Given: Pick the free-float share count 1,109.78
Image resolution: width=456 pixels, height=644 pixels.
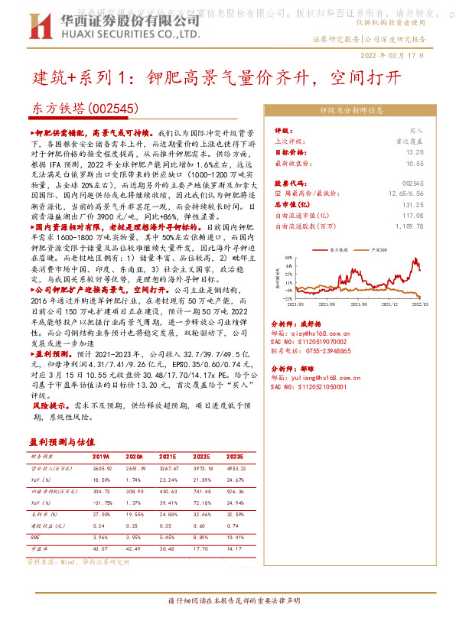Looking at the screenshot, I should coord(409,226).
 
